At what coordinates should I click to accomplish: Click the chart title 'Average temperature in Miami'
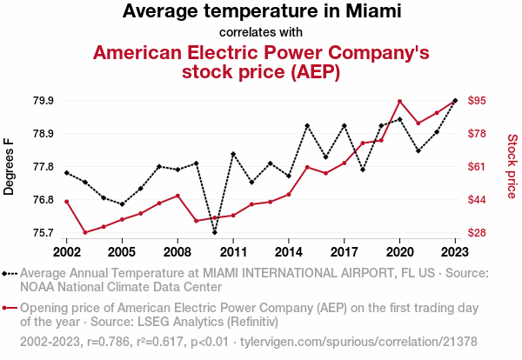tap(261, 11)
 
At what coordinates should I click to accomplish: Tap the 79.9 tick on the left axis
tap(43, 101)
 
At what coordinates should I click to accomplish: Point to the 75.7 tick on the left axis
tap(43, 233)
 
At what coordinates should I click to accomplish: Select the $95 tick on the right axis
tap(477, 101)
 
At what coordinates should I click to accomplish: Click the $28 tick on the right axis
tap(477, 233)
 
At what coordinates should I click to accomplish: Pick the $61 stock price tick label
tap(477, 167)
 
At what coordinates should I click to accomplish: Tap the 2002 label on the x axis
tap(66, 252)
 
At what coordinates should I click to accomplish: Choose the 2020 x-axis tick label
tap(399, 252)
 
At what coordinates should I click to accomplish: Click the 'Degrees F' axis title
tap(10, 166)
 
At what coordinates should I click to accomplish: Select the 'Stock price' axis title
tap(512, 165)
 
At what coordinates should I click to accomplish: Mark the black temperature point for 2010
tap(214, 232)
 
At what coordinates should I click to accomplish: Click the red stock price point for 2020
tap(399, 102)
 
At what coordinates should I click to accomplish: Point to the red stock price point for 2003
tap(85, 232)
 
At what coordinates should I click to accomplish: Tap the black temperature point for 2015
tap(307, 126)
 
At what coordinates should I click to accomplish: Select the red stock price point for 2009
tap(196, 221)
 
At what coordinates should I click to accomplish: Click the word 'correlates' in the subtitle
tap(240, 33)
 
